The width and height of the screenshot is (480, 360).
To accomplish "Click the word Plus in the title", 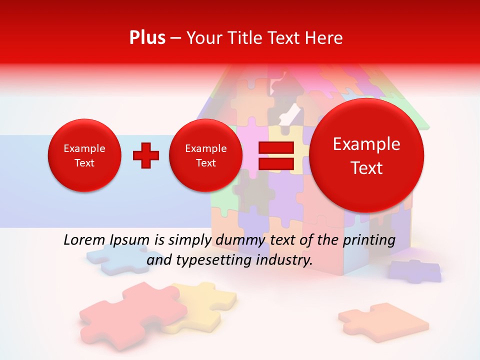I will click(x=147, y=38).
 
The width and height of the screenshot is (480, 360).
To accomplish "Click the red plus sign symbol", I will click(x=146, y=155).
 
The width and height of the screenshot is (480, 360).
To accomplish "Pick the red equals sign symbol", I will click(x=275, y=155).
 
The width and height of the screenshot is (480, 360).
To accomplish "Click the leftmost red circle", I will click(x=84, y=155).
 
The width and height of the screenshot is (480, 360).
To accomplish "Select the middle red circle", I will click(x=205, y=155).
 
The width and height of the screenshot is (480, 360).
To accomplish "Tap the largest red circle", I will click(x=366, y=155).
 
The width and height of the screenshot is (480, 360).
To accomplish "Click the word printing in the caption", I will click(x=369, y=240).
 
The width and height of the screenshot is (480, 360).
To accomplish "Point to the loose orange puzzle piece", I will click(x=382, y=320).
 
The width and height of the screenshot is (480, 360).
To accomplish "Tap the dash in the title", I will click(x=175, y=38).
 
